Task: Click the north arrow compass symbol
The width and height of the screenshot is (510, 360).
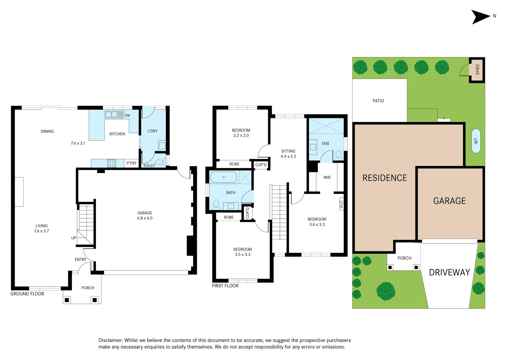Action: click(481, 17)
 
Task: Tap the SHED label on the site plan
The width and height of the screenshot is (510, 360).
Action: click(477, 69)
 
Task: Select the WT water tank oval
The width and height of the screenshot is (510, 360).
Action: click(476, 141)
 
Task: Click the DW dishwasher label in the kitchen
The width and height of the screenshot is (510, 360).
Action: click(127, 116)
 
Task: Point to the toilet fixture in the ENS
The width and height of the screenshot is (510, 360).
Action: click(338, 154)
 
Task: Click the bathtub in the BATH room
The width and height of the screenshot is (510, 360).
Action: click(223, 177)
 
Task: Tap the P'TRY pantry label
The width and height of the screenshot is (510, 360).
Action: click(131, 163)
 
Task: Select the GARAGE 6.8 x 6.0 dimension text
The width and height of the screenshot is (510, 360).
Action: click(145, 218)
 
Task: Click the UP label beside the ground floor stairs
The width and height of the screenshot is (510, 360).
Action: click(74, 238)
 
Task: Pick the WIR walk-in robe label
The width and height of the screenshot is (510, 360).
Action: click(327, 178)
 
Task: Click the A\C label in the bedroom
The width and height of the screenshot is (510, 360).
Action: click(341, 203)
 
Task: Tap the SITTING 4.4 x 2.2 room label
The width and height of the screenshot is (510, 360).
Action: click(288, 154)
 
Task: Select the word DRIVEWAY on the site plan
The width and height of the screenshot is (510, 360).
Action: click(449, 273)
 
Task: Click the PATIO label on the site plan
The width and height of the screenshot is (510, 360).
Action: click(378, 101)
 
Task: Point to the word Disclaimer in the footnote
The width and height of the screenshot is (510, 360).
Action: click(110, 340)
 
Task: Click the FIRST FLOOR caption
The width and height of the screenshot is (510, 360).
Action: click(225, 286)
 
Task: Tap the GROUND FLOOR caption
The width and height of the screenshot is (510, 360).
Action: click(27, 294)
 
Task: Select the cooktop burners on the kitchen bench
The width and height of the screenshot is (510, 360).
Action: click(112, 163)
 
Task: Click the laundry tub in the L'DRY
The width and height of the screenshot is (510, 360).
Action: click(162, 146)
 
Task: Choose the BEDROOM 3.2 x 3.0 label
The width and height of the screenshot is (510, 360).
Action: click(241, 133)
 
